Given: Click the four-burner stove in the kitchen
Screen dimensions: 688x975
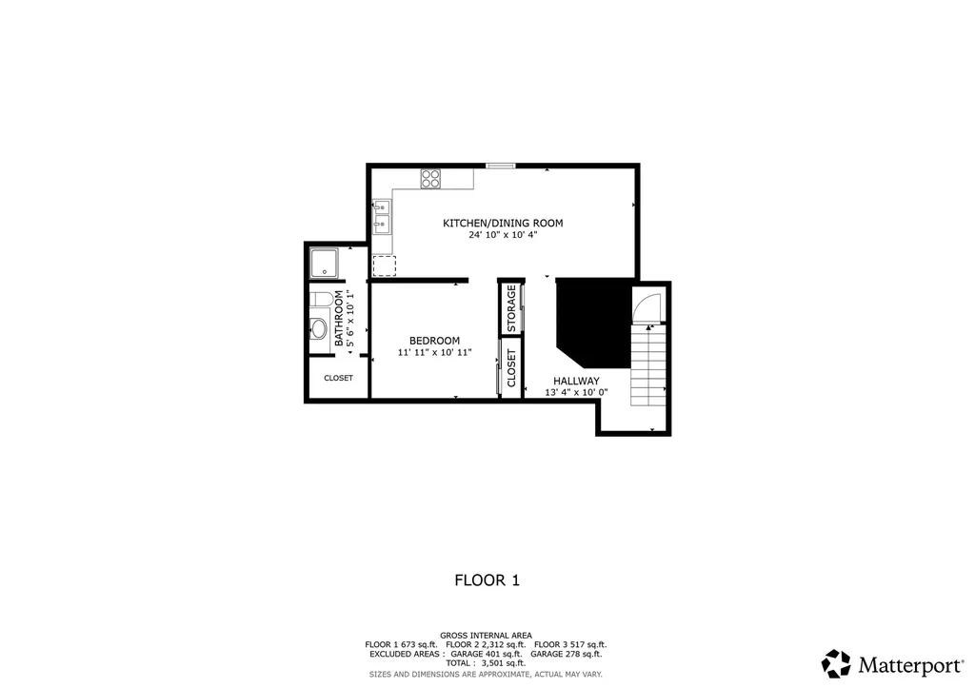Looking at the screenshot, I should (x=431, y=178).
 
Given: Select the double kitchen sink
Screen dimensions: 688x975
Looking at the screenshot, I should (x=381, y=216).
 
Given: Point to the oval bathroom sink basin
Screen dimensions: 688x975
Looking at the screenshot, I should (x=319, y=329).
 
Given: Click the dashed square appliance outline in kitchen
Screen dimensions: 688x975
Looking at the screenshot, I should (x=384, y=265).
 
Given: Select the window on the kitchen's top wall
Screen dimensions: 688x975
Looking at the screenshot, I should (x=501, y=167).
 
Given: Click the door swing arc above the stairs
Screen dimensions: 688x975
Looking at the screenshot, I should (x=645, y=307).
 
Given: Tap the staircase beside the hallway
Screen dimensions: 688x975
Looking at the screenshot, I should (x=648, y=367).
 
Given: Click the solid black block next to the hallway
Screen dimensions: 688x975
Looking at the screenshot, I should (x=591, y=320).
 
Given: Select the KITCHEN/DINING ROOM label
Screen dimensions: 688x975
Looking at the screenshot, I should (x=503, y=224).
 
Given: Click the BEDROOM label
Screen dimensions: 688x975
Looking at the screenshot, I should (x=434, y=341).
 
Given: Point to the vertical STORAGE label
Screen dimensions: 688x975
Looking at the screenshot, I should (x=511, y=309).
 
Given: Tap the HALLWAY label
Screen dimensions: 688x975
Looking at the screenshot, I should (x=576, y=381).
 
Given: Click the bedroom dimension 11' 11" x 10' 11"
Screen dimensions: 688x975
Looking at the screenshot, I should (x=434, y=353).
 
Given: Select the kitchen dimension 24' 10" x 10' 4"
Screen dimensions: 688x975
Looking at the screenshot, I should (x=503, y=235).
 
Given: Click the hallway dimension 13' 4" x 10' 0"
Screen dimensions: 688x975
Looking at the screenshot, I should (x=576, y=392).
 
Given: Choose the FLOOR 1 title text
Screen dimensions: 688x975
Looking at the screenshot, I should (x=487, y=580).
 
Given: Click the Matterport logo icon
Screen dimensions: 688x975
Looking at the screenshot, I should (x=836, y=663).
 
